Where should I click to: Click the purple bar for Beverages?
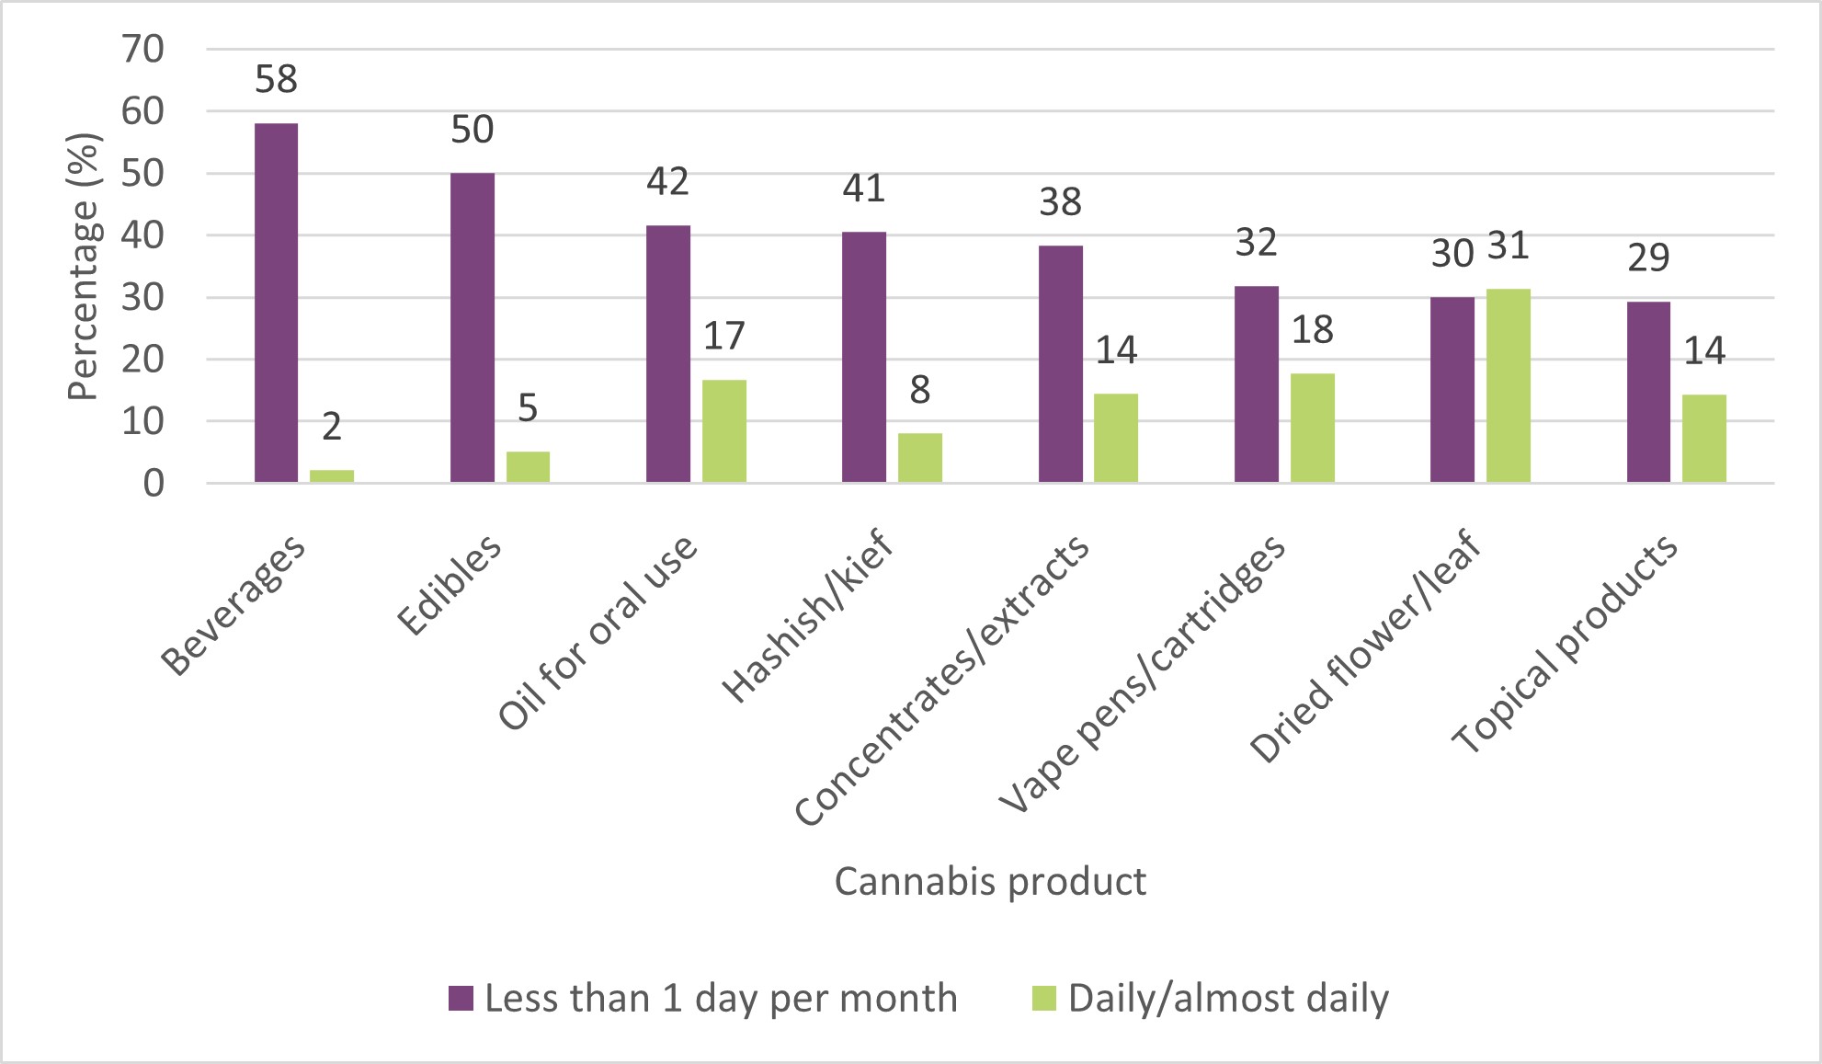point(276,303)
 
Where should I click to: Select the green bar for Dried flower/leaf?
point(1508,385)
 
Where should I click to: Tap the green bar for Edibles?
point(528,466)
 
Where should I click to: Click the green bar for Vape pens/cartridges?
point(1312,428)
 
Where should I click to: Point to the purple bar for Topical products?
point(1648,392)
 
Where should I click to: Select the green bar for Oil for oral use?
point(724,430)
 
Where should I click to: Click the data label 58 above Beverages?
point(276,80)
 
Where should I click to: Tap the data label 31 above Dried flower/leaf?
point(1508,246)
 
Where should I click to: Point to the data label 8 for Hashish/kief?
point(920,391)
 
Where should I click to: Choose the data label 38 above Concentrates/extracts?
point(1060,202)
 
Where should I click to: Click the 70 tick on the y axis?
point(142,49)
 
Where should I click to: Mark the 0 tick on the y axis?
point(153,483)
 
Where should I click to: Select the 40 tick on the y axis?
point(142,235)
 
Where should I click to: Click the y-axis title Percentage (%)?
point(83,267)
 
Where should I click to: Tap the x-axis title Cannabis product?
point(990,881)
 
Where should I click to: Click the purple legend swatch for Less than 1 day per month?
point(461,998)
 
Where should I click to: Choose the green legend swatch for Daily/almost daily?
point(1044,998)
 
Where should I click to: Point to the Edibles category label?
point(450,585)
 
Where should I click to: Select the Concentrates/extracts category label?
point(942,681)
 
